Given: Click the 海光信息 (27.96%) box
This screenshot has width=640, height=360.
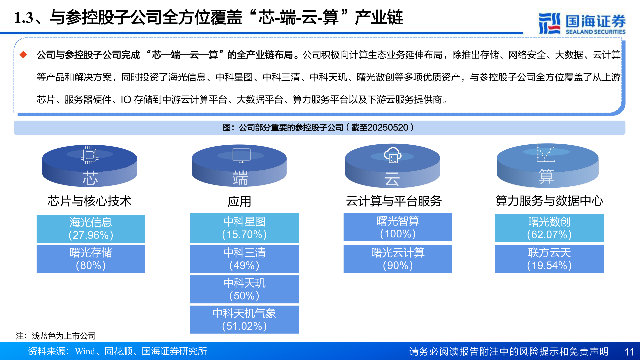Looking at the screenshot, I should [x=91, y=229].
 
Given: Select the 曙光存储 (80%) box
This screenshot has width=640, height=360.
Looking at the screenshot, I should [x=91, y=259].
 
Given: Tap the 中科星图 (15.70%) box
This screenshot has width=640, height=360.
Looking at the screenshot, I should [x=244, y=228].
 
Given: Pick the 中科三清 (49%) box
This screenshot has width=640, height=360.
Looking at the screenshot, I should [x=244, y=259].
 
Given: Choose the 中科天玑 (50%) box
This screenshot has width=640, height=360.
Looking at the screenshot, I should [x=244, y=289].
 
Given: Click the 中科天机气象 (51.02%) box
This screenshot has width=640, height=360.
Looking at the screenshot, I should [x=244, y=320].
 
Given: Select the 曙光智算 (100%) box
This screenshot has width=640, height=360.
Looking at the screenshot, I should [x=398, y=227].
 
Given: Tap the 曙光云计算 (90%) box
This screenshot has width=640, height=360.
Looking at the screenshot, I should [x=398, y=259].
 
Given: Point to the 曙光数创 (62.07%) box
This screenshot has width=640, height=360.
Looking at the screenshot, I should [x=549, y=228].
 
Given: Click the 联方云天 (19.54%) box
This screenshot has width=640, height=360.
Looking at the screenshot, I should [x=549, y=259].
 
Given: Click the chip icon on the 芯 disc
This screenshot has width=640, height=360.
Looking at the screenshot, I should [x=89, y=155].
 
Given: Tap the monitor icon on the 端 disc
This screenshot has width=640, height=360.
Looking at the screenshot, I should [x=241, y=155].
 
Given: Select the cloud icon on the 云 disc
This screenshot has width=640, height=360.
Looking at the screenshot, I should [x=393, y=155].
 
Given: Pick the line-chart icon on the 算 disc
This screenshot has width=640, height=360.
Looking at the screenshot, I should [x=545, y=153].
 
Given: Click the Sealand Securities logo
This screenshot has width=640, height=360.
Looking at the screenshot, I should [x=582, y=23].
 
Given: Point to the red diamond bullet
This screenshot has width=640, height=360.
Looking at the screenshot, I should [x=23, y=55].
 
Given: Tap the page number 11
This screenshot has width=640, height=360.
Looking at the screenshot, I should [x=629, y=352].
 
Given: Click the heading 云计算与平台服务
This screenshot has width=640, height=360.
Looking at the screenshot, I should [x=394, y=201].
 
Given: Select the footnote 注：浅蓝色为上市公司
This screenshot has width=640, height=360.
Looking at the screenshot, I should [x=56, y=336].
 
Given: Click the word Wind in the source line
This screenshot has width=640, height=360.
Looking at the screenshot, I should [x=85, y=351].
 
